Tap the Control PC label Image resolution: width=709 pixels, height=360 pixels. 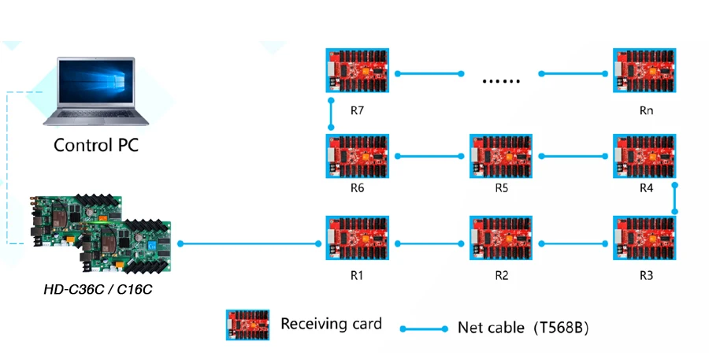(x=96, y=146)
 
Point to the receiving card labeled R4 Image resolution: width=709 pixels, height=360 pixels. (x=645, y=156)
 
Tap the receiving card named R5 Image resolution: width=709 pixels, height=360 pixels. (x=501, y=156)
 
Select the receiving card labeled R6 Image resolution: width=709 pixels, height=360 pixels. (x=357, y=156)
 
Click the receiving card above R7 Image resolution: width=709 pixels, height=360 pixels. (x=357, y=73)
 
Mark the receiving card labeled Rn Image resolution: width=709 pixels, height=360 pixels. (x=645, y=73)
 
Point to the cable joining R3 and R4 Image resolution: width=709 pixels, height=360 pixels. (x=675, y=198)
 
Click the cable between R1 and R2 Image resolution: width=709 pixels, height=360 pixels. (x=429, y=243)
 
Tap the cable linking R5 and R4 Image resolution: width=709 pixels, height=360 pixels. (x=574, y=156)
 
